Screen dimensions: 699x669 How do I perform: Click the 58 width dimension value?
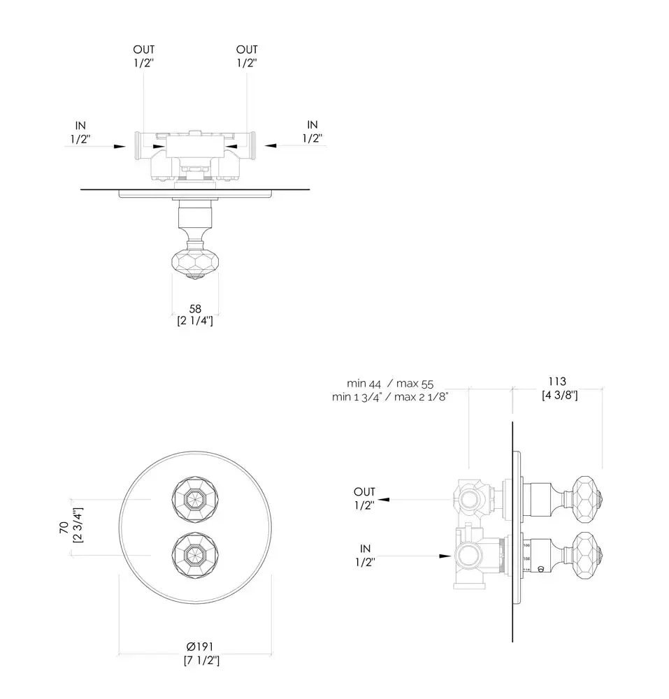[x=195, y=308]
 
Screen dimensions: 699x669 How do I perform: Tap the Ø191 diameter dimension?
[x=195, y=647]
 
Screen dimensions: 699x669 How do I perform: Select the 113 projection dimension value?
[x=559, y=382]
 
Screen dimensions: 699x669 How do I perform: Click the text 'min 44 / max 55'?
[x=390, y=383]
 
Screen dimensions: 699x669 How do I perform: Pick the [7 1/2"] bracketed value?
[x=195, y=660]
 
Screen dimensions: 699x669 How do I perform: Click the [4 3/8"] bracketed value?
[x=559, y=396]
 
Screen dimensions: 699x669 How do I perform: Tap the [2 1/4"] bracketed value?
[x=195, y=322]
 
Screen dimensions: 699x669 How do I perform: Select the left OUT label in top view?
[x=144, y=50]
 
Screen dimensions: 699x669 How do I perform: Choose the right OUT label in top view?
[x=247, y=50]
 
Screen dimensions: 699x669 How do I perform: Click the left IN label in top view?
[x=81, y=125]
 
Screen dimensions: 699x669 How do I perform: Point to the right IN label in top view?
[x=312, y=125]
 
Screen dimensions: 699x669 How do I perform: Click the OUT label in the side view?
[x=364, y=492]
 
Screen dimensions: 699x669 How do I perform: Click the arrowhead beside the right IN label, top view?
[x=271, y=146]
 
